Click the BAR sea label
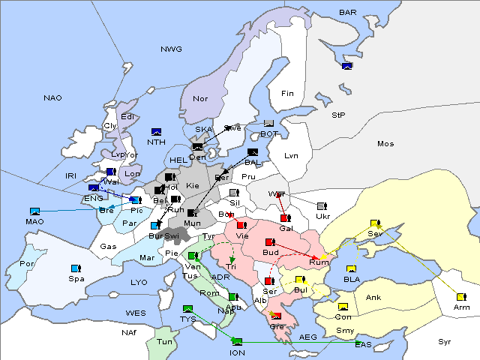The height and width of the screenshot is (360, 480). pos(347,13)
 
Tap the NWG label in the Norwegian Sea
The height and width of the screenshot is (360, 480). pos(171,49)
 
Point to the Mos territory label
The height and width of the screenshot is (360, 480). pos(385,143)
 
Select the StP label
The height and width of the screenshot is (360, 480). pos(338,115)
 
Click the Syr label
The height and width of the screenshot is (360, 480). pos(445,341)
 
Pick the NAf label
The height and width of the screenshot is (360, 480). pos(129,331)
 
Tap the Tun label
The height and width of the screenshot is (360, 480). pos(164,341)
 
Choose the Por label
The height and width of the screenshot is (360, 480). pos(28,264)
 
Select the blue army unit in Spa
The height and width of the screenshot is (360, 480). pos(75,268)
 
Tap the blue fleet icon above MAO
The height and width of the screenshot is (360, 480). pos(34,211)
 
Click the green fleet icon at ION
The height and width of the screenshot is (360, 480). pos(237,342)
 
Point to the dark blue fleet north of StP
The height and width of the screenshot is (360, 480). pos(346,66)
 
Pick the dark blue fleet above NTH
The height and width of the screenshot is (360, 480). pos(156,131)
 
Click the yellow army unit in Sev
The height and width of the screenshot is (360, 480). pos(374,223)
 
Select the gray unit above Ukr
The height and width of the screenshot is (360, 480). pos(322,205)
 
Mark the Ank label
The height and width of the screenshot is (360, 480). pos(373,298)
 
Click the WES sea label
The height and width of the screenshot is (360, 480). pos(135,312)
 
